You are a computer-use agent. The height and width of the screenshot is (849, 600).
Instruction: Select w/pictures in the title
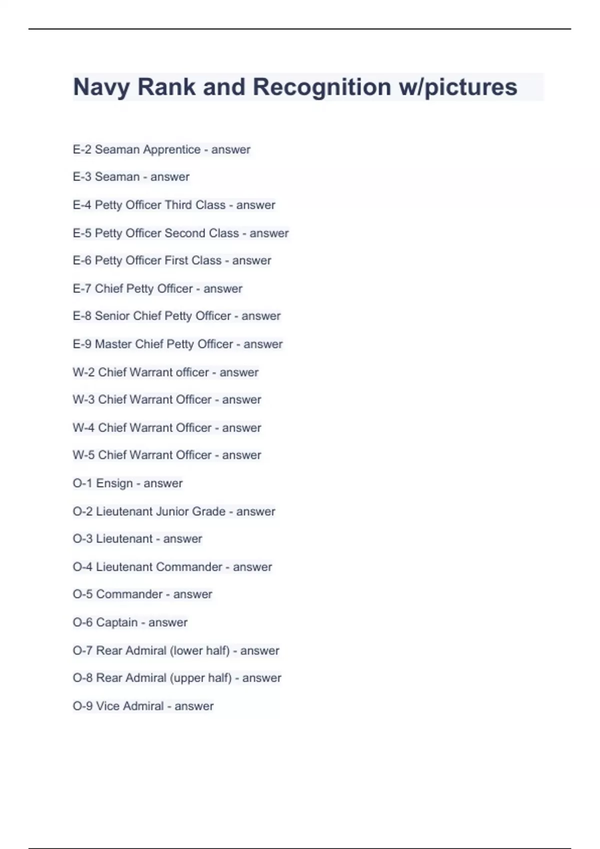(457, 87)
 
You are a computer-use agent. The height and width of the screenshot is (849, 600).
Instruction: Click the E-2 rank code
(82, 149)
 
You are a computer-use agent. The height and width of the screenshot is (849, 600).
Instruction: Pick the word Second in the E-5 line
(183, 233)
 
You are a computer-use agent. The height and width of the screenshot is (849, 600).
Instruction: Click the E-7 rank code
(82, 289)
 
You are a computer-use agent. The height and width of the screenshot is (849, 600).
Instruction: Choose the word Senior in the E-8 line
(112, 316)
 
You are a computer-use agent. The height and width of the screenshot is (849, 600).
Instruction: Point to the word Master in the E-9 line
(113, 344)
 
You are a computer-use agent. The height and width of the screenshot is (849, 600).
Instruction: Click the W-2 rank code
(83, 372)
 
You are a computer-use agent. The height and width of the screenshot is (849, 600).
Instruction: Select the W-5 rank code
(83, 455)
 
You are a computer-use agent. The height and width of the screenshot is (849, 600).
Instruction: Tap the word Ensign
(114, 483)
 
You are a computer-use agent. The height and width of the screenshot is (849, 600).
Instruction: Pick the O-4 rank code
(82, 567)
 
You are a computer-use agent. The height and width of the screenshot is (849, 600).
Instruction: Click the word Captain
(116, 622)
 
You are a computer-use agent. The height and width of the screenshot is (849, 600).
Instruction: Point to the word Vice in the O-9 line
(107, 706)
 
